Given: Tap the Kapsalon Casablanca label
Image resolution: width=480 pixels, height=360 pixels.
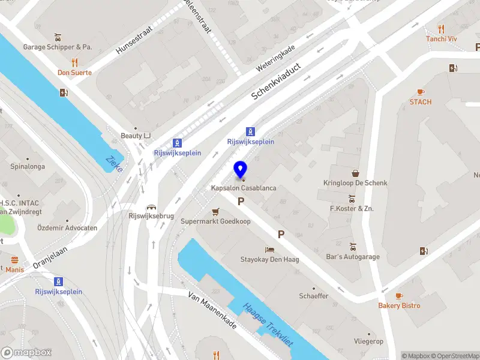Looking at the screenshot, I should (x=244, y=188).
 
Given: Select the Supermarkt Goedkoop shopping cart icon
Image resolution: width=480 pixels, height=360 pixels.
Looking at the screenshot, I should (x=215, y=212).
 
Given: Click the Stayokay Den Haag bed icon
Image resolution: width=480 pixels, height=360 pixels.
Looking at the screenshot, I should (x=269, y=250).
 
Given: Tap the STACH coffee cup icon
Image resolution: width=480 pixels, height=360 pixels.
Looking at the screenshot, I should (x=421, y=92).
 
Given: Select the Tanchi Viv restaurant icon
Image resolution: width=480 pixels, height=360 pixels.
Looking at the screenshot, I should (x=441, y=28).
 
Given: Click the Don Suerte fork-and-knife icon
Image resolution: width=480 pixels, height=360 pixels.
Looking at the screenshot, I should (x=74, y=62).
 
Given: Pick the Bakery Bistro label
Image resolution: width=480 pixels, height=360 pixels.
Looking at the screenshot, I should (x=399, y=306).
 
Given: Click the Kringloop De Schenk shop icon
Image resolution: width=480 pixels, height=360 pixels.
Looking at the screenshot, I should (x=355, y=173).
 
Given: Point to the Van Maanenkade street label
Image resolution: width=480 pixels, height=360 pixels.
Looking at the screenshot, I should (x=212, y=310).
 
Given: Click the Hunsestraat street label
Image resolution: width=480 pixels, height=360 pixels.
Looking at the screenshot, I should (x=135, y=40).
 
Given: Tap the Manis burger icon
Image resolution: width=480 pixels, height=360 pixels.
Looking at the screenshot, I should (x=14, y=260).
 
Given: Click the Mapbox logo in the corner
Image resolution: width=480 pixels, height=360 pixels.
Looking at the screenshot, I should (x=26, y=352).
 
